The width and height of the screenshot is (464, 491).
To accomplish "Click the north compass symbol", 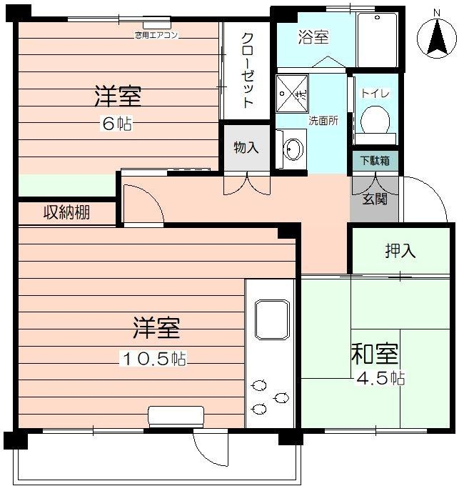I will pyautogui.click(x=437, y=39).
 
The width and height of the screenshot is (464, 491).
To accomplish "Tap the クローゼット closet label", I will pyautogui.click(x=247, y=70).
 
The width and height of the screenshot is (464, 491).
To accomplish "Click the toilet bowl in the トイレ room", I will pyautogui.click(x=375, y=118).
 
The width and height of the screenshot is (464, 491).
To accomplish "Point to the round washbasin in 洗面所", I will pyautogui.click(x=293, y=149).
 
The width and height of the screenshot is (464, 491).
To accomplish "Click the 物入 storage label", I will pyautogui.click(x=246, y=148).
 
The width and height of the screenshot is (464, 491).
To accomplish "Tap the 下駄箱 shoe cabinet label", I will pyautogui.click(x=375, y=161).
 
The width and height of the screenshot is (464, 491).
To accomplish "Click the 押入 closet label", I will pyautogui.click(x=400, y=251).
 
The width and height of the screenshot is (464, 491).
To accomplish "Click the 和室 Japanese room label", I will pyautogui.click(x=374, y=354).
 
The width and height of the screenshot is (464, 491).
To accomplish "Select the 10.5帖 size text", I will pyautogui.click(x=153, y=359).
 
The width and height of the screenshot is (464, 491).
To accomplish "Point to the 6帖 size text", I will pyautogui.click(x=116, y=123).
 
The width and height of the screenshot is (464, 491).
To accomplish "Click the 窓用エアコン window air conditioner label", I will pyautogui.click(x=156, y=34).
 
